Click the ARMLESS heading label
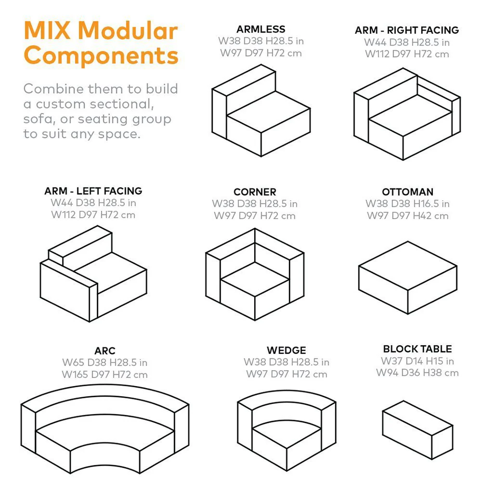[260, 29]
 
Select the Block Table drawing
[417, 424]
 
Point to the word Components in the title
[101, 55]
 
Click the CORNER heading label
[255, 192]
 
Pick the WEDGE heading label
[286, 350]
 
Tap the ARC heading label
[105, 350]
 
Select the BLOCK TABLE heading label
[417, 349]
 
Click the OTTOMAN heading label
[407, 192]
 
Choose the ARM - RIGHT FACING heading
[406, 30]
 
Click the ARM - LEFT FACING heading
[93, 191]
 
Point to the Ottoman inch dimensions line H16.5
[407, 204]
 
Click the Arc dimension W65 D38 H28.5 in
[105, 363]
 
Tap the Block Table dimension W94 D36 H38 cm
[417, 373]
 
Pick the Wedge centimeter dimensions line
[286, 374]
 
